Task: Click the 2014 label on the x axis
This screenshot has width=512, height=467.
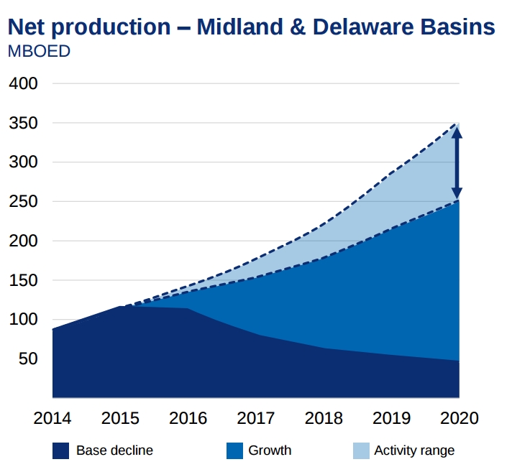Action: pyautogui.click(x=52, y=418)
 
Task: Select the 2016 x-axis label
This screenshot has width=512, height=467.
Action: pyautogui.click(x=188, y=418)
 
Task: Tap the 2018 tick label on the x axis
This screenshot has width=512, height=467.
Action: pyautogui.click(x=324, y=418)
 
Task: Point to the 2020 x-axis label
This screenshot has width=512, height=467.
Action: pyautogui.click(x=459, y=418)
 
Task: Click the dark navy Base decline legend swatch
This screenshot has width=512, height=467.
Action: pyautogui.click(x=60, y=450)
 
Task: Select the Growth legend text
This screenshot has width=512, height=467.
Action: pyautogui.click(x=270, y=450)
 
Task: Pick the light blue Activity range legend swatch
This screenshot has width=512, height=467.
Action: pyautogui.click(x=360, y=450)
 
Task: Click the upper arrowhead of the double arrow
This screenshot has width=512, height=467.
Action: pyautogui.click(x=456, y=131)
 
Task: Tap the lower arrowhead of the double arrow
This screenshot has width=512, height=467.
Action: pyautogui.click(x=456, y=193)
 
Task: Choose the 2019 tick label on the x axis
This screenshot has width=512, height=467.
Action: pyautogui.click(x=391, y=418)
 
